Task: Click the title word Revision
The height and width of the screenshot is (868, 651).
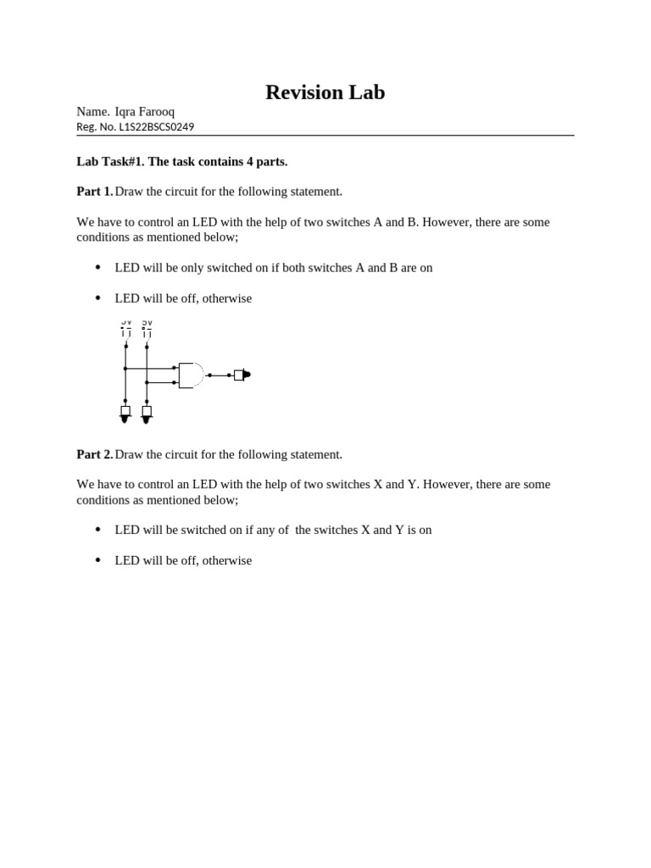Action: (298, 92)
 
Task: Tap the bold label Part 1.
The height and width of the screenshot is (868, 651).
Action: (94, 192)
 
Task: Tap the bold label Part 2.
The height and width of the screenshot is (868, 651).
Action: (94, 454)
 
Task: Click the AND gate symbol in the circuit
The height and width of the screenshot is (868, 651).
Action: (191, 375)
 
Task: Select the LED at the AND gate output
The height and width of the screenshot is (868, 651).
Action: (241, 375)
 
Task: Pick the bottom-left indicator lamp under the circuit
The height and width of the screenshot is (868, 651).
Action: (125, 413)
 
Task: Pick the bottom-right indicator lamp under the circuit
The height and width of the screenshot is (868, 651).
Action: (147, 413)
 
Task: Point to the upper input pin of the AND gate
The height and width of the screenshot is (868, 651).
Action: (175, 368)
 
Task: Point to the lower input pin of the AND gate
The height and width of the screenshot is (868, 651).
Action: (175, 382)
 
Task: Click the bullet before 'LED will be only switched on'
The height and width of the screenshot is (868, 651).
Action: (97, 267)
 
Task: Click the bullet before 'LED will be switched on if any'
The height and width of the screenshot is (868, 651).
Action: (97, 529)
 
